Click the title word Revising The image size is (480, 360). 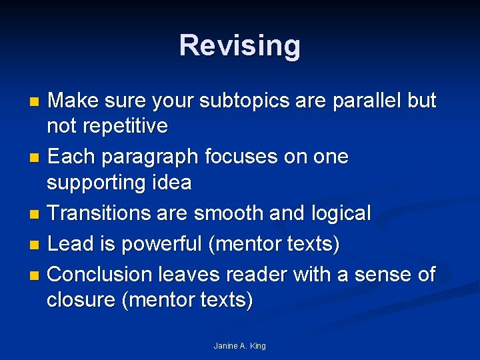(x=239, y=46)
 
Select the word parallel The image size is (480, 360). (x=363, y=101)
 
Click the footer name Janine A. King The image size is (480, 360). (x=239, y=346)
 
